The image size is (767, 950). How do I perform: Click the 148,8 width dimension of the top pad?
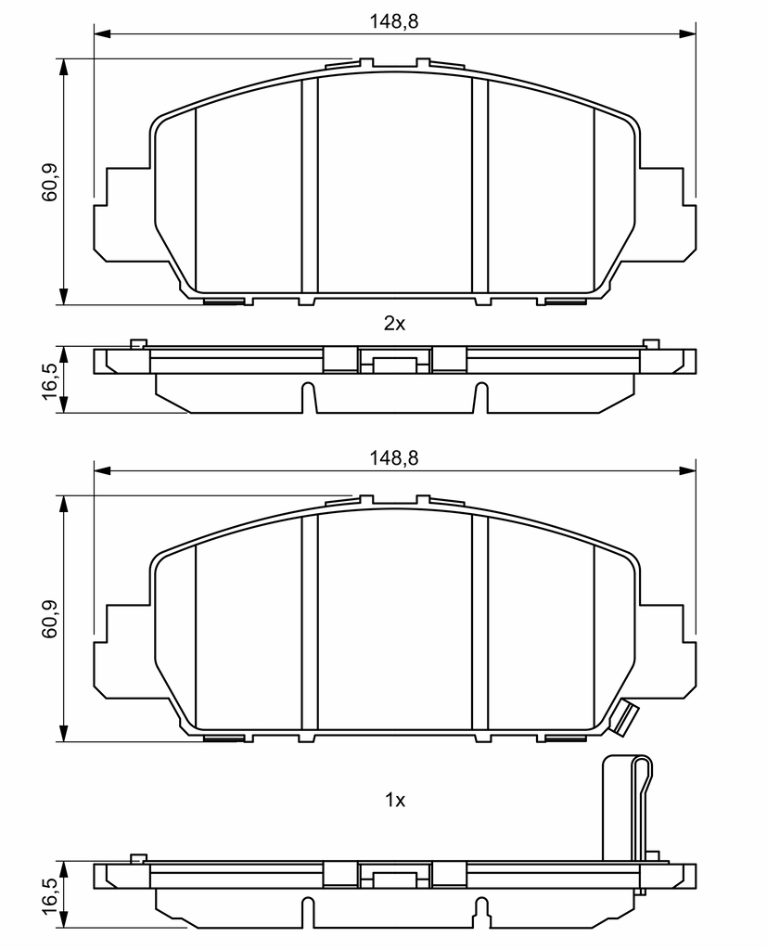pos(394,22)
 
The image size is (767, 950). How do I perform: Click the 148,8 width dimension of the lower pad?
pos(394,458)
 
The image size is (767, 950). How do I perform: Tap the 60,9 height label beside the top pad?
pos(49,182)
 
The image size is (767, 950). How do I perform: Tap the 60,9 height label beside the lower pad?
pos(49,619)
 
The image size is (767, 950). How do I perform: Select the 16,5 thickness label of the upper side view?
pos(49,380)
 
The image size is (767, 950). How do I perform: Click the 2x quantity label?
pos(394,324)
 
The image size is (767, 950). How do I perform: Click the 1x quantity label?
pos(395,801)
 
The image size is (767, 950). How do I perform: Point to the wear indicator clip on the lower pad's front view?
pos(625,719)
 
